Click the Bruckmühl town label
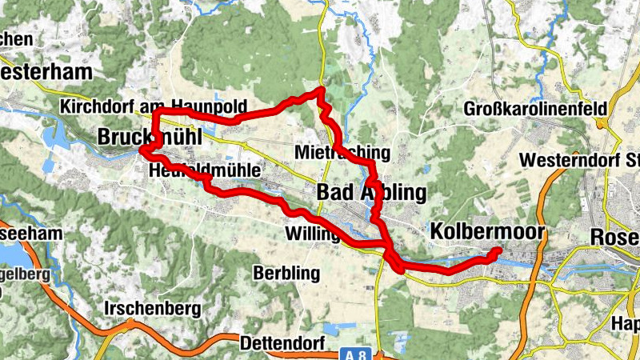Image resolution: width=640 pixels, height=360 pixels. [150, 138]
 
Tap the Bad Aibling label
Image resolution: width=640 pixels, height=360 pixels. [371, 192]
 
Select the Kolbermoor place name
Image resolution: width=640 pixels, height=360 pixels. [487, 232]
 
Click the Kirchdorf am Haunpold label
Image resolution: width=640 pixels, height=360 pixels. [153, 107]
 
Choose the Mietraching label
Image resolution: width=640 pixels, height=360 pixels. [342, 152]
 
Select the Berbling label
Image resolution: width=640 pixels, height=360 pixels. [286, 273]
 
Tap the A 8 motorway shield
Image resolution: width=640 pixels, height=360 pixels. [362, 352]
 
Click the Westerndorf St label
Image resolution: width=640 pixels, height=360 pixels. [576, 160]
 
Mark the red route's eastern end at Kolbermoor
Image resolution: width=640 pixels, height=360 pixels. [498, 251]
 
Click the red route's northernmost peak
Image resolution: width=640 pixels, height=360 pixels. [321, 90]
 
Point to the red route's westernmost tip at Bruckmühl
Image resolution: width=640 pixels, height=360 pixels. [142, 150]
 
